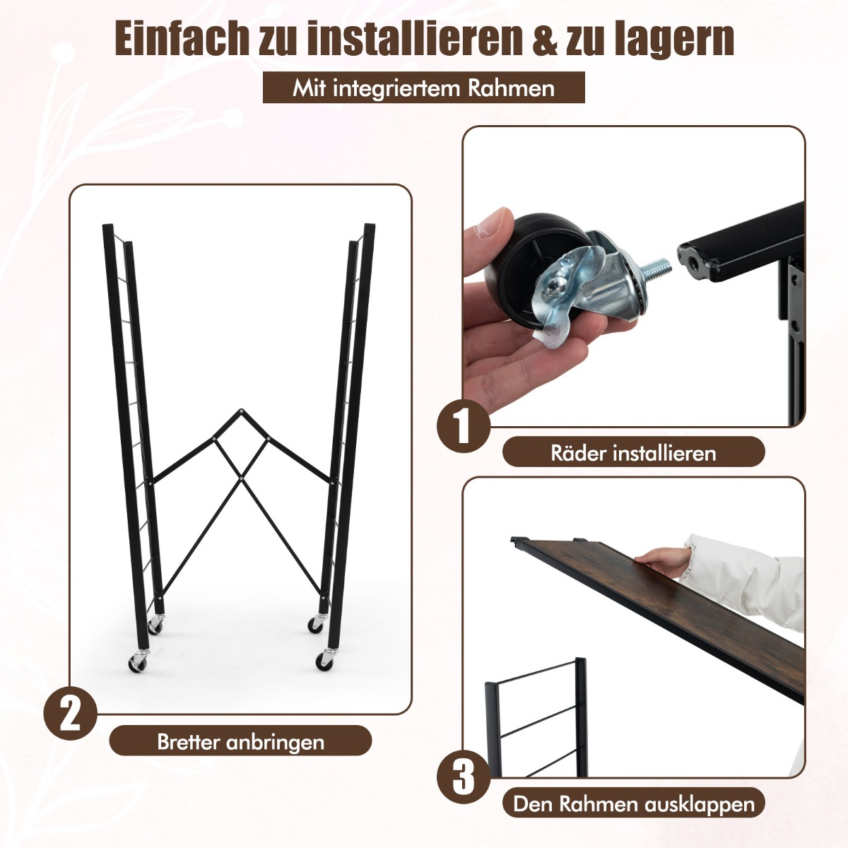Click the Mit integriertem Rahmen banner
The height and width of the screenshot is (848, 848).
click(x=424, y=88)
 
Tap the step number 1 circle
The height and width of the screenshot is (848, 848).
click(x=464, y=426)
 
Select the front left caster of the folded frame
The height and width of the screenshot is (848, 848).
click(x=138, y=670)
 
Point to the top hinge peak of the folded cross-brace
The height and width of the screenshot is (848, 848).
click(x=241, y=411)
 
